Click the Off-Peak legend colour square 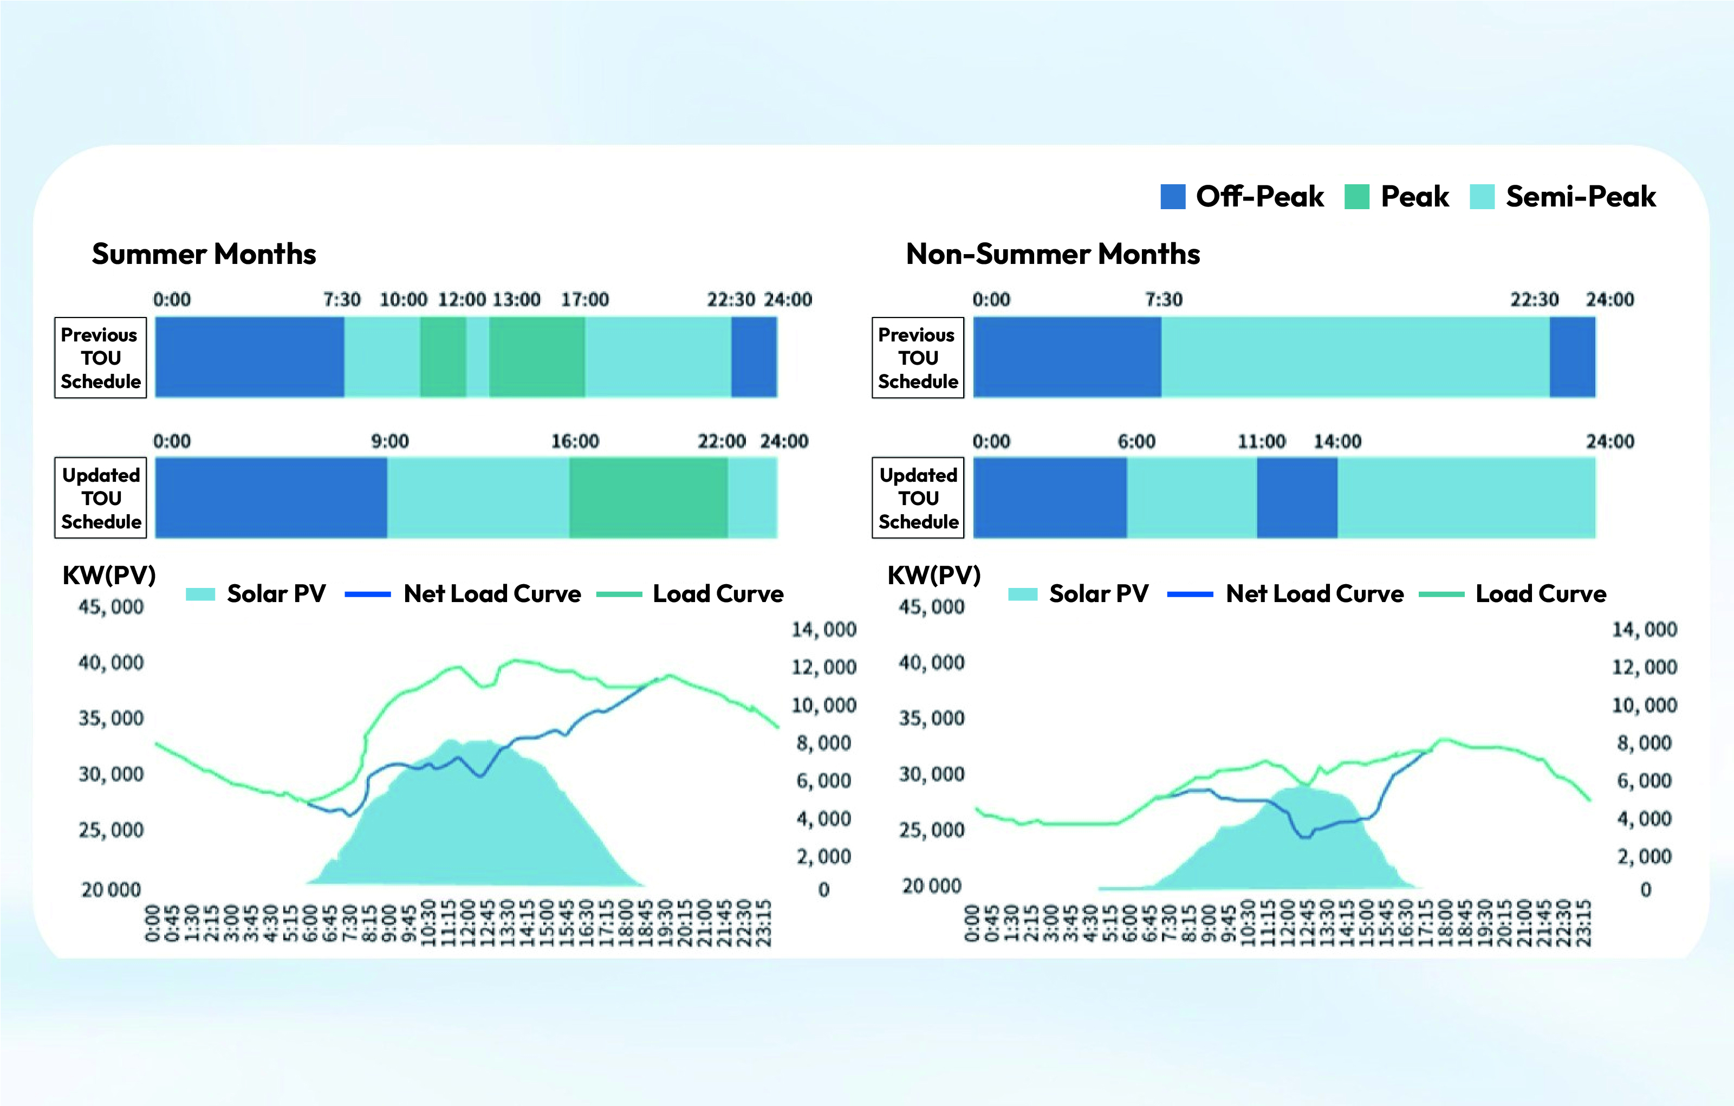1172,197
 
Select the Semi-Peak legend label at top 1581,197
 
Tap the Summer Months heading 204,254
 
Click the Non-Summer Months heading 1053,254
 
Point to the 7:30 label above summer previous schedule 342,300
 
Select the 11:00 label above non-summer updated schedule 1262,441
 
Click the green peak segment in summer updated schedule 648,498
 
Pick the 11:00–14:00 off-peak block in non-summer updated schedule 1297,498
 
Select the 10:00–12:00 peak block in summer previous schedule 443,358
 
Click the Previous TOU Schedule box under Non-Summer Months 918,358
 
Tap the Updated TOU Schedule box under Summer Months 101,498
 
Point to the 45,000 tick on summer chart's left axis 111,607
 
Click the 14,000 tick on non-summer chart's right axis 1645,630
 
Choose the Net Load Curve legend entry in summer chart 492,594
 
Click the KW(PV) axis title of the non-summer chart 934,575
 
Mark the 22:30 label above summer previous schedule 731,300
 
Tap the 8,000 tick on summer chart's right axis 824,743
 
